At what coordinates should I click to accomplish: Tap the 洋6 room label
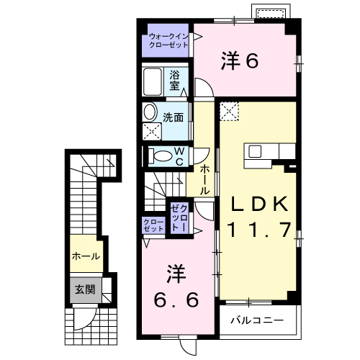coord(239,62)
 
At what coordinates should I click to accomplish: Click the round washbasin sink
coord(150,112)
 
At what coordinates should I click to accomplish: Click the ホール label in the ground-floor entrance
coord(85,256)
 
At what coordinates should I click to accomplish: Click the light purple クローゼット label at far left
coord(153,225)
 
